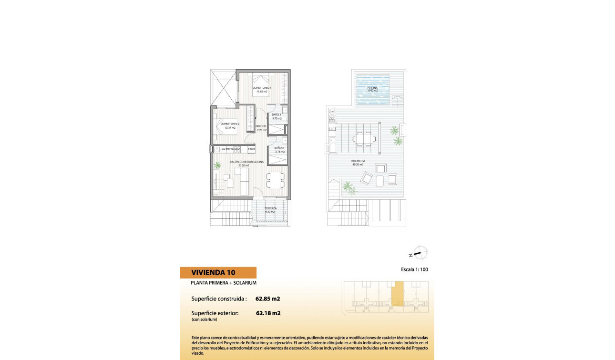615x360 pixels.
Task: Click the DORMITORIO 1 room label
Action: coord(262,88)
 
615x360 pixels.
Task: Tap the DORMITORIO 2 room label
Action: coord(230,124)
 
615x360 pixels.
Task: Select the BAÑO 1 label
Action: coord(277,115)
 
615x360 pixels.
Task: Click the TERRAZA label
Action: coord(271,208)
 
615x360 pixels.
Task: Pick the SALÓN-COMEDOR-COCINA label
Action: coord(247,162)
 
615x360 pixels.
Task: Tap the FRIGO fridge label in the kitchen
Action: coord(251,149)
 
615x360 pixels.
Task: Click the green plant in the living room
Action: coord(218,165)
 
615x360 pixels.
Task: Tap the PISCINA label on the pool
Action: coord(373,89)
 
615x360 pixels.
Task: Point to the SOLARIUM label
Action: coord(358,161)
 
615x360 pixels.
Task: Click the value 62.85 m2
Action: coord(267,299)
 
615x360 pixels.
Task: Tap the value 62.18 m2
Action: coord(268,313)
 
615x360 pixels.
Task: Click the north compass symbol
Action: coord(420,253)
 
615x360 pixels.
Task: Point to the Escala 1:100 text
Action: coord(415,269)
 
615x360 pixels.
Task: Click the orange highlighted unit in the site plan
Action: coord(397,293)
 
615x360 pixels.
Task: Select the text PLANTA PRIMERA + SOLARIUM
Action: coord(224,283)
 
